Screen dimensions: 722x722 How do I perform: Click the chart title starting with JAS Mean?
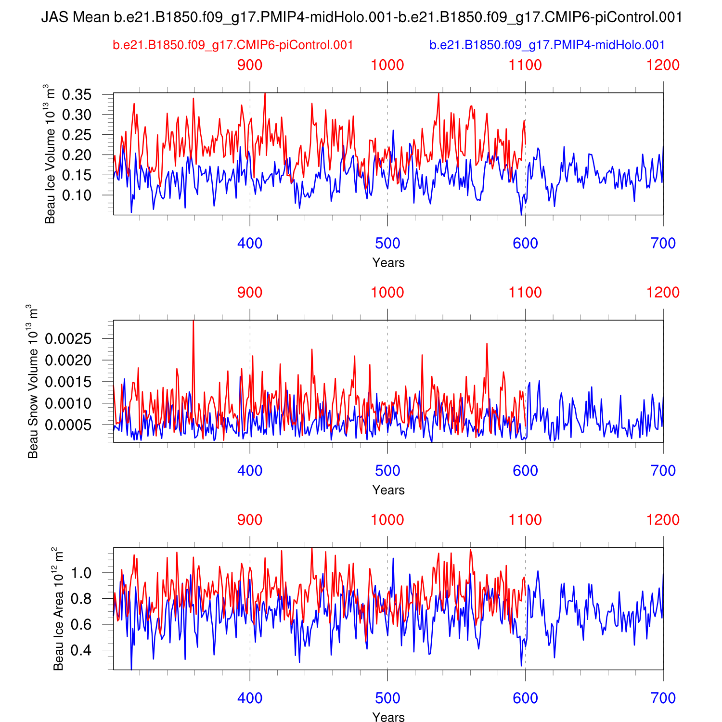click(361, 17)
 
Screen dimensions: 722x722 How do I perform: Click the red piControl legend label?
click(233, 45)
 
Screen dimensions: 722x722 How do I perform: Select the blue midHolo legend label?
click(547, 45)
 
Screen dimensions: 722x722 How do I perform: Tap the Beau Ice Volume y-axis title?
click(49, 154)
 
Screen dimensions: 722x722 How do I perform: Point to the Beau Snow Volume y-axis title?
click(33, 381)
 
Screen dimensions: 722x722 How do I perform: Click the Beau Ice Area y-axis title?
click(58, 608)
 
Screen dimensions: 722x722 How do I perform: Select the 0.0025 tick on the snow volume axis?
click(68, 339)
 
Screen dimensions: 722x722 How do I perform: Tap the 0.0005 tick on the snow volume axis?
click(68, 425)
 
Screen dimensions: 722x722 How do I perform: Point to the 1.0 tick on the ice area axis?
click(81, 573)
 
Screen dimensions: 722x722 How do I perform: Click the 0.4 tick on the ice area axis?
click(81, 651)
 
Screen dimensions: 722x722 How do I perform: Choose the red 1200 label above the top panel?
click(663, 65)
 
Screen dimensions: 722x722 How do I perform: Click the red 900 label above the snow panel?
click(250, 293)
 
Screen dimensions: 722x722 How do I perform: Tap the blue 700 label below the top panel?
click(663, 244)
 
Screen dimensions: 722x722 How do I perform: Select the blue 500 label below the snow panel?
click(387, 471)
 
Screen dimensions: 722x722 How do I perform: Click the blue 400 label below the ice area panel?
click(250, 698)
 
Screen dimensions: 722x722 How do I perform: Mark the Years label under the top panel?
click(388, 263)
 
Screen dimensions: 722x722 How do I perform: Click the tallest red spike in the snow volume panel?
click(193, 322)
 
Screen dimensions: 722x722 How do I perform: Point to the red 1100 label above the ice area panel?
click(525, 520)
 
